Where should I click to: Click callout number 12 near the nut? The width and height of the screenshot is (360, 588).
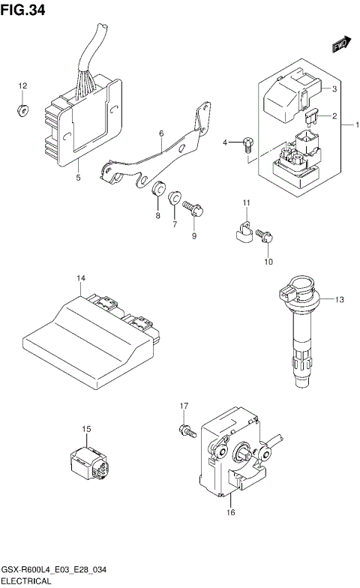22,87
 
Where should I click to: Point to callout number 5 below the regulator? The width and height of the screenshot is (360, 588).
78,178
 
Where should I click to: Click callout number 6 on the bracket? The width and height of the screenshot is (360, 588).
160,134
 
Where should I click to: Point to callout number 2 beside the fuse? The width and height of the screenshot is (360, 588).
334,116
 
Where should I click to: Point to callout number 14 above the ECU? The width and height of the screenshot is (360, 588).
79,279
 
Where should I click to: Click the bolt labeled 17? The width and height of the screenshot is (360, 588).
186,430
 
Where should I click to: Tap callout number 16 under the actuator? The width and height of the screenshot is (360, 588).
232,512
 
